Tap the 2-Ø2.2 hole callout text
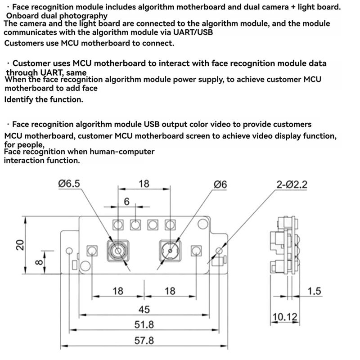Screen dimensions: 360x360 coord(293,184)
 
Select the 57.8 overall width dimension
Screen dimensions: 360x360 coord(144,341)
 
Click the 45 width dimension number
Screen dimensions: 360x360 coord(144,310)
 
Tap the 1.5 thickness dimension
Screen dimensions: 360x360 coord(315,292)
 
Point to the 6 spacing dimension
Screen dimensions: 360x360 coord(127,202)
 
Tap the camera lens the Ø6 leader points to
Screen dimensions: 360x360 coord(171,250)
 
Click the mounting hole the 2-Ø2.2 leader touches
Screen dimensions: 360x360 coord(219,251)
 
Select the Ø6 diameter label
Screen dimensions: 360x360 coord(220,184)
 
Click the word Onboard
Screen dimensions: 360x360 coord(20,16)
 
